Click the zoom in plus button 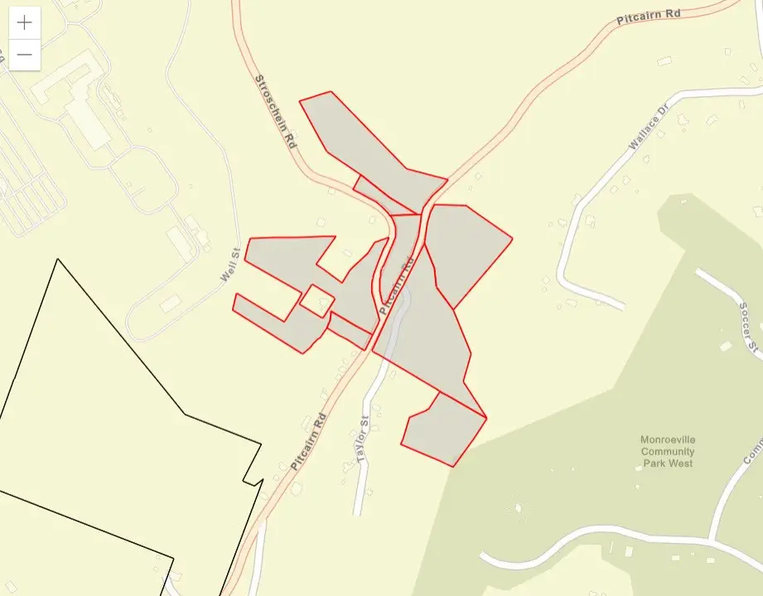[25, 23]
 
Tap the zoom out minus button [25, 55]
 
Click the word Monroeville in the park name [668, 440]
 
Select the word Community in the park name [668, 452]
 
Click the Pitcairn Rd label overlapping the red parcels [396, 286]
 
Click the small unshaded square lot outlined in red [316, 300]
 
